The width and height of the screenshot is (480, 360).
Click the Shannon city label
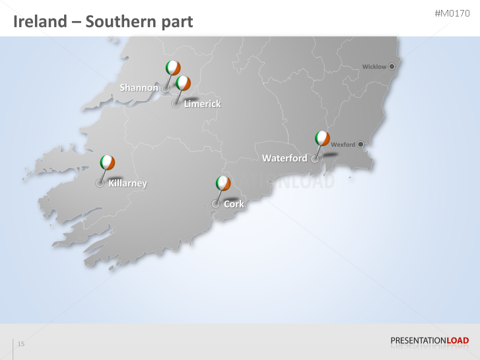(x=139, y=88)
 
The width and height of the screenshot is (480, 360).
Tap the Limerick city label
(x=202, y=104)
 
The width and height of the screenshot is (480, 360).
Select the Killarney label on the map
(x=127, y=184)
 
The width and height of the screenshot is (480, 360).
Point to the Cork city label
(x=234, y=204)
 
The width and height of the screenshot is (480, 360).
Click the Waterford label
(x=285, y=159)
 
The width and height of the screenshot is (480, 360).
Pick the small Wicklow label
(x=374, y=67)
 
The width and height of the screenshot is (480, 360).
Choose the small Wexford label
(x=343, y=145)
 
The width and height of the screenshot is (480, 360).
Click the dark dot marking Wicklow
(x=392, y=66)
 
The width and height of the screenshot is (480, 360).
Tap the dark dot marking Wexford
(x=360, y=144)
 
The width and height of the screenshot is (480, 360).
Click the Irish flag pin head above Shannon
(x=173, y=67)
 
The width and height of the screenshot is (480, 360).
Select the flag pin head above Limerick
(x=184, y=83)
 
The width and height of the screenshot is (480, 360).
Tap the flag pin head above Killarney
(x=107, y=162)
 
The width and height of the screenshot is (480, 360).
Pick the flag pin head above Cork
(x=223, y=183)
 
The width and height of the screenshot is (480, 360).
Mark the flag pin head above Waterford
(x=322, y=138)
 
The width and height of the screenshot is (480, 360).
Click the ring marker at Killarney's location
(x=100, y=184)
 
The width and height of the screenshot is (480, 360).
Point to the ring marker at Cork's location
(x=215, y=204)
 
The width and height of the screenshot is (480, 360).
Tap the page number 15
(x=21, y=344)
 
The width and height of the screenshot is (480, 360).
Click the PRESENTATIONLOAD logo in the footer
(x=429, y=341)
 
